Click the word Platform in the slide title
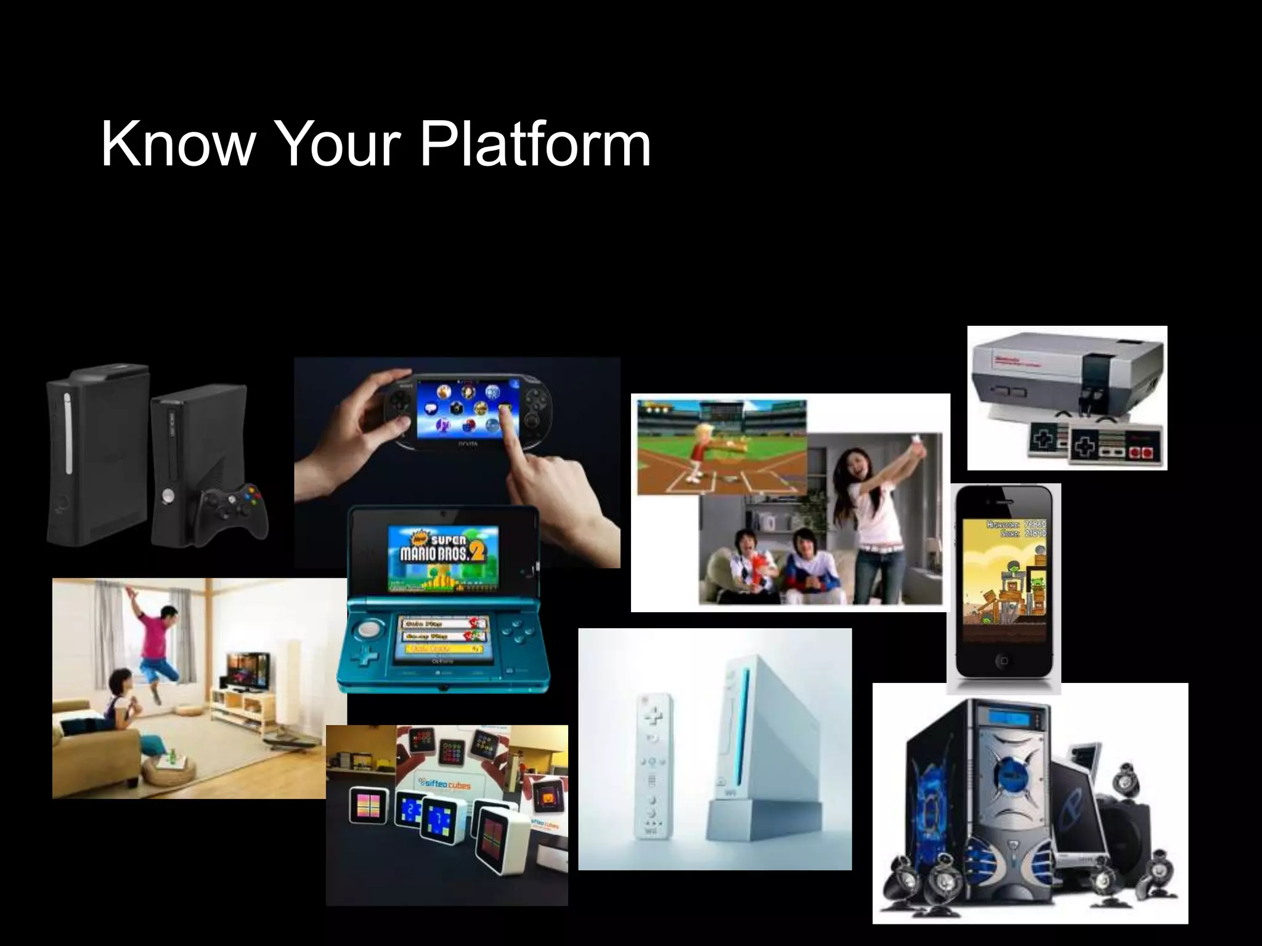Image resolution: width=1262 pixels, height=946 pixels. click(535, 145)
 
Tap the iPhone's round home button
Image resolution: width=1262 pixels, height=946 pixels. click(1004, 660)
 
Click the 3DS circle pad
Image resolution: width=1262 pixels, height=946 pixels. click(370, 629)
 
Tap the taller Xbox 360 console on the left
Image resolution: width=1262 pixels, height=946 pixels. click(97, 456)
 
